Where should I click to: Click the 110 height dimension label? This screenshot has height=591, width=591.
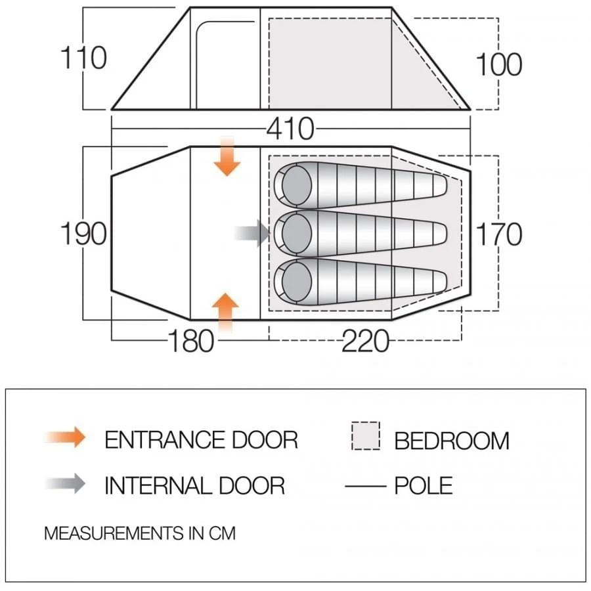click(83, 58)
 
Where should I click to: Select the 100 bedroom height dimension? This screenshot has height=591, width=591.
click(498, 64)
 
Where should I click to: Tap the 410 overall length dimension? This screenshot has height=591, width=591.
click(290, 129)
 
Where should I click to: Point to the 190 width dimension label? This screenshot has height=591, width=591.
click(83, 234)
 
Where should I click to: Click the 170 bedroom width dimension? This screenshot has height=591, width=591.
click(498, 234)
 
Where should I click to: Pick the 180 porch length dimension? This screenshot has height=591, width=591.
click(191, 341)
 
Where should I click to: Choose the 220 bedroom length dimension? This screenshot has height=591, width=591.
click(365, 341)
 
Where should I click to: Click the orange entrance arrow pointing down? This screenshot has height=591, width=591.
click(227, 156)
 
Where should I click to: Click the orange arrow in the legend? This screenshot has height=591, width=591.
click(66, 437)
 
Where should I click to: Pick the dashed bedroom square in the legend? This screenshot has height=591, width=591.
click(366, 436)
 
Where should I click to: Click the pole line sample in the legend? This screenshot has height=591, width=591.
click(365, 487)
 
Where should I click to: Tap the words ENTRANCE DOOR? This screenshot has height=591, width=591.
click(201, 439)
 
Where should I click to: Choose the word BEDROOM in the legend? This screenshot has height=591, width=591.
click(452, 441)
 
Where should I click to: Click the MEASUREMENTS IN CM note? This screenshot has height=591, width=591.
click(139, 533)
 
